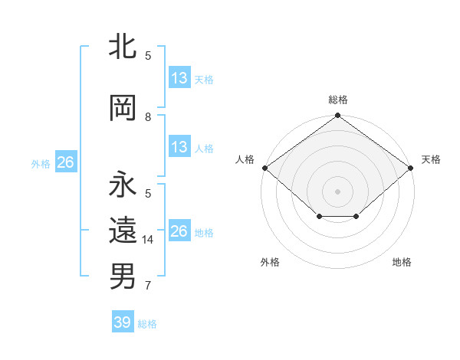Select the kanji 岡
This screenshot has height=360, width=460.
(123, 110)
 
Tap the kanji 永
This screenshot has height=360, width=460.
(123, 186)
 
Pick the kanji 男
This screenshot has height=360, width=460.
(123, 277)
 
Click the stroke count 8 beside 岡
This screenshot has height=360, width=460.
(148, 116)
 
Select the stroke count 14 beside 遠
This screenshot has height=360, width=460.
(149, 239)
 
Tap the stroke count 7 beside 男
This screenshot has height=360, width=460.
(148, 286)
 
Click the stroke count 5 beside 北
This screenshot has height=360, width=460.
(148, 55)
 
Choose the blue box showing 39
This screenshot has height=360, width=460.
(122, 322)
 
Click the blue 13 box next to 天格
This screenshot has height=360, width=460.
(179, 78)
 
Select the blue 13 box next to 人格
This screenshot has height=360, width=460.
(179, 147)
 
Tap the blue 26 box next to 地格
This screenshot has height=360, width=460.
(179, 231)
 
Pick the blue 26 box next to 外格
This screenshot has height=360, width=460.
(65, 162)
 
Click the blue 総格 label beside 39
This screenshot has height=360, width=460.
(147, 324)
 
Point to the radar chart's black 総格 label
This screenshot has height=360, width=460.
(338, 100)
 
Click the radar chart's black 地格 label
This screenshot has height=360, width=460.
(402, 262)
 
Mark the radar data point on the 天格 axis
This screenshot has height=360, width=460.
(411, 168)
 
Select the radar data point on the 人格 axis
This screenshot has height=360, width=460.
(264, 168)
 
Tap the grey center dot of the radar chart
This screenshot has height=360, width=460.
(338, 191)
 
